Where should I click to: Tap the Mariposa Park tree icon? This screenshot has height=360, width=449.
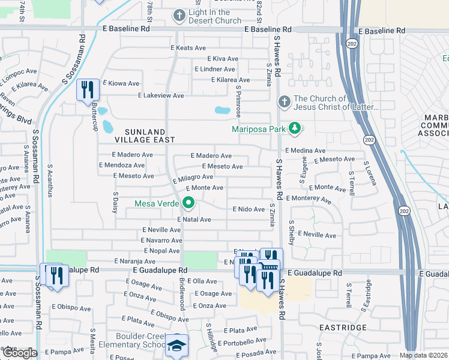tap(294, 128)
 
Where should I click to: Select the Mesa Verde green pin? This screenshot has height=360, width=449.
tap(188, 203)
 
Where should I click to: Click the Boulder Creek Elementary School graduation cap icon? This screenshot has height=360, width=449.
tap(176, 346)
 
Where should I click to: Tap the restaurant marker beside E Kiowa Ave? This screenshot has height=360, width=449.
tap(88, 90)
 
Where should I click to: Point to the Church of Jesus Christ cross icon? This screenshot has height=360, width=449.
tap(284, 101)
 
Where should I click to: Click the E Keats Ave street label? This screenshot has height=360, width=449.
tap(188, 47)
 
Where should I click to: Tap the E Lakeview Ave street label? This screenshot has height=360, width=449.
tap(161, 95)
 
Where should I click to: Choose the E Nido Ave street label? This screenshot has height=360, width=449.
tap(248, 209)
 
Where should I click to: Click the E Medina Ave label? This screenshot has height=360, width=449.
tap(306, 151)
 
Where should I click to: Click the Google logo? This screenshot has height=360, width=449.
tap(19, 353)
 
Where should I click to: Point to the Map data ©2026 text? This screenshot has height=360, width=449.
tap(423, 355)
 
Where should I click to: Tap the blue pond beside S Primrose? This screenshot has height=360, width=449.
tap(222, 110)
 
